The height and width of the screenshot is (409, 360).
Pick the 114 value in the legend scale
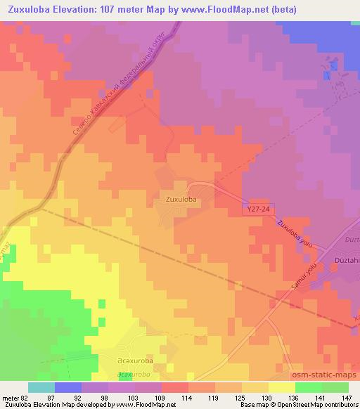186,397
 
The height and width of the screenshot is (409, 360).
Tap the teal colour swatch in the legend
41,387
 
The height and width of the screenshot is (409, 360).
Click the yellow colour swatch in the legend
282,387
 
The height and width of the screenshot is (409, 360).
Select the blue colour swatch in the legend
68,387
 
